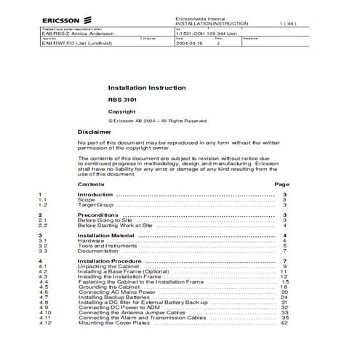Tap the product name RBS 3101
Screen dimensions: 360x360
click(x=120, y=100)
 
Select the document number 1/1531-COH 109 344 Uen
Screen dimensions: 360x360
click(x=210, y=33)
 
